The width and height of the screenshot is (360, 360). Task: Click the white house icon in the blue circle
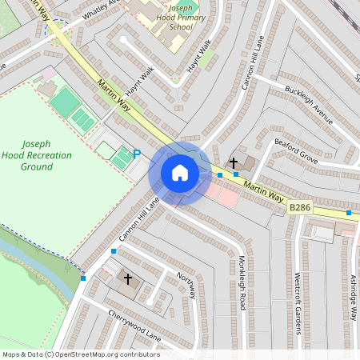pos(180,173)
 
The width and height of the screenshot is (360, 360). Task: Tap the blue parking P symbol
pos(137,154)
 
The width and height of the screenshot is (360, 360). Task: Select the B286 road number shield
pos(300,207)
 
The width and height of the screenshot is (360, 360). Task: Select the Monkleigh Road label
pos(242,282)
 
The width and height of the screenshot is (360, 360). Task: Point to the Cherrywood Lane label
pos(134,326)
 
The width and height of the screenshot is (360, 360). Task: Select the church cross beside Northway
pos(127,279)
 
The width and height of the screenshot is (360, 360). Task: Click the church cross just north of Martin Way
pos(234,162)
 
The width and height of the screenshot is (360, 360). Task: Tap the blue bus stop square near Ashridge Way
pos(349,213)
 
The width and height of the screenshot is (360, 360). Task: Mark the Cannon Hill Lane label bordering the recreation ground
pos(139,220)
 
